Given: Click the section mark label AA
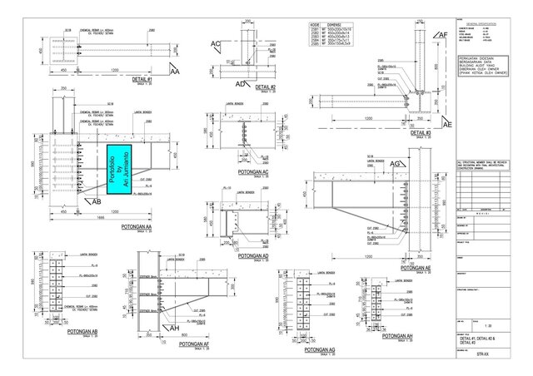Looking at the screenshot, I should point(174,72).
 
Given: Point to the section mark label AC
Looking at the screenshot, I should point(216,43).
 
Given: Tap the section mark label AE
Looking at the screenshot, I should point(446,124).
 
